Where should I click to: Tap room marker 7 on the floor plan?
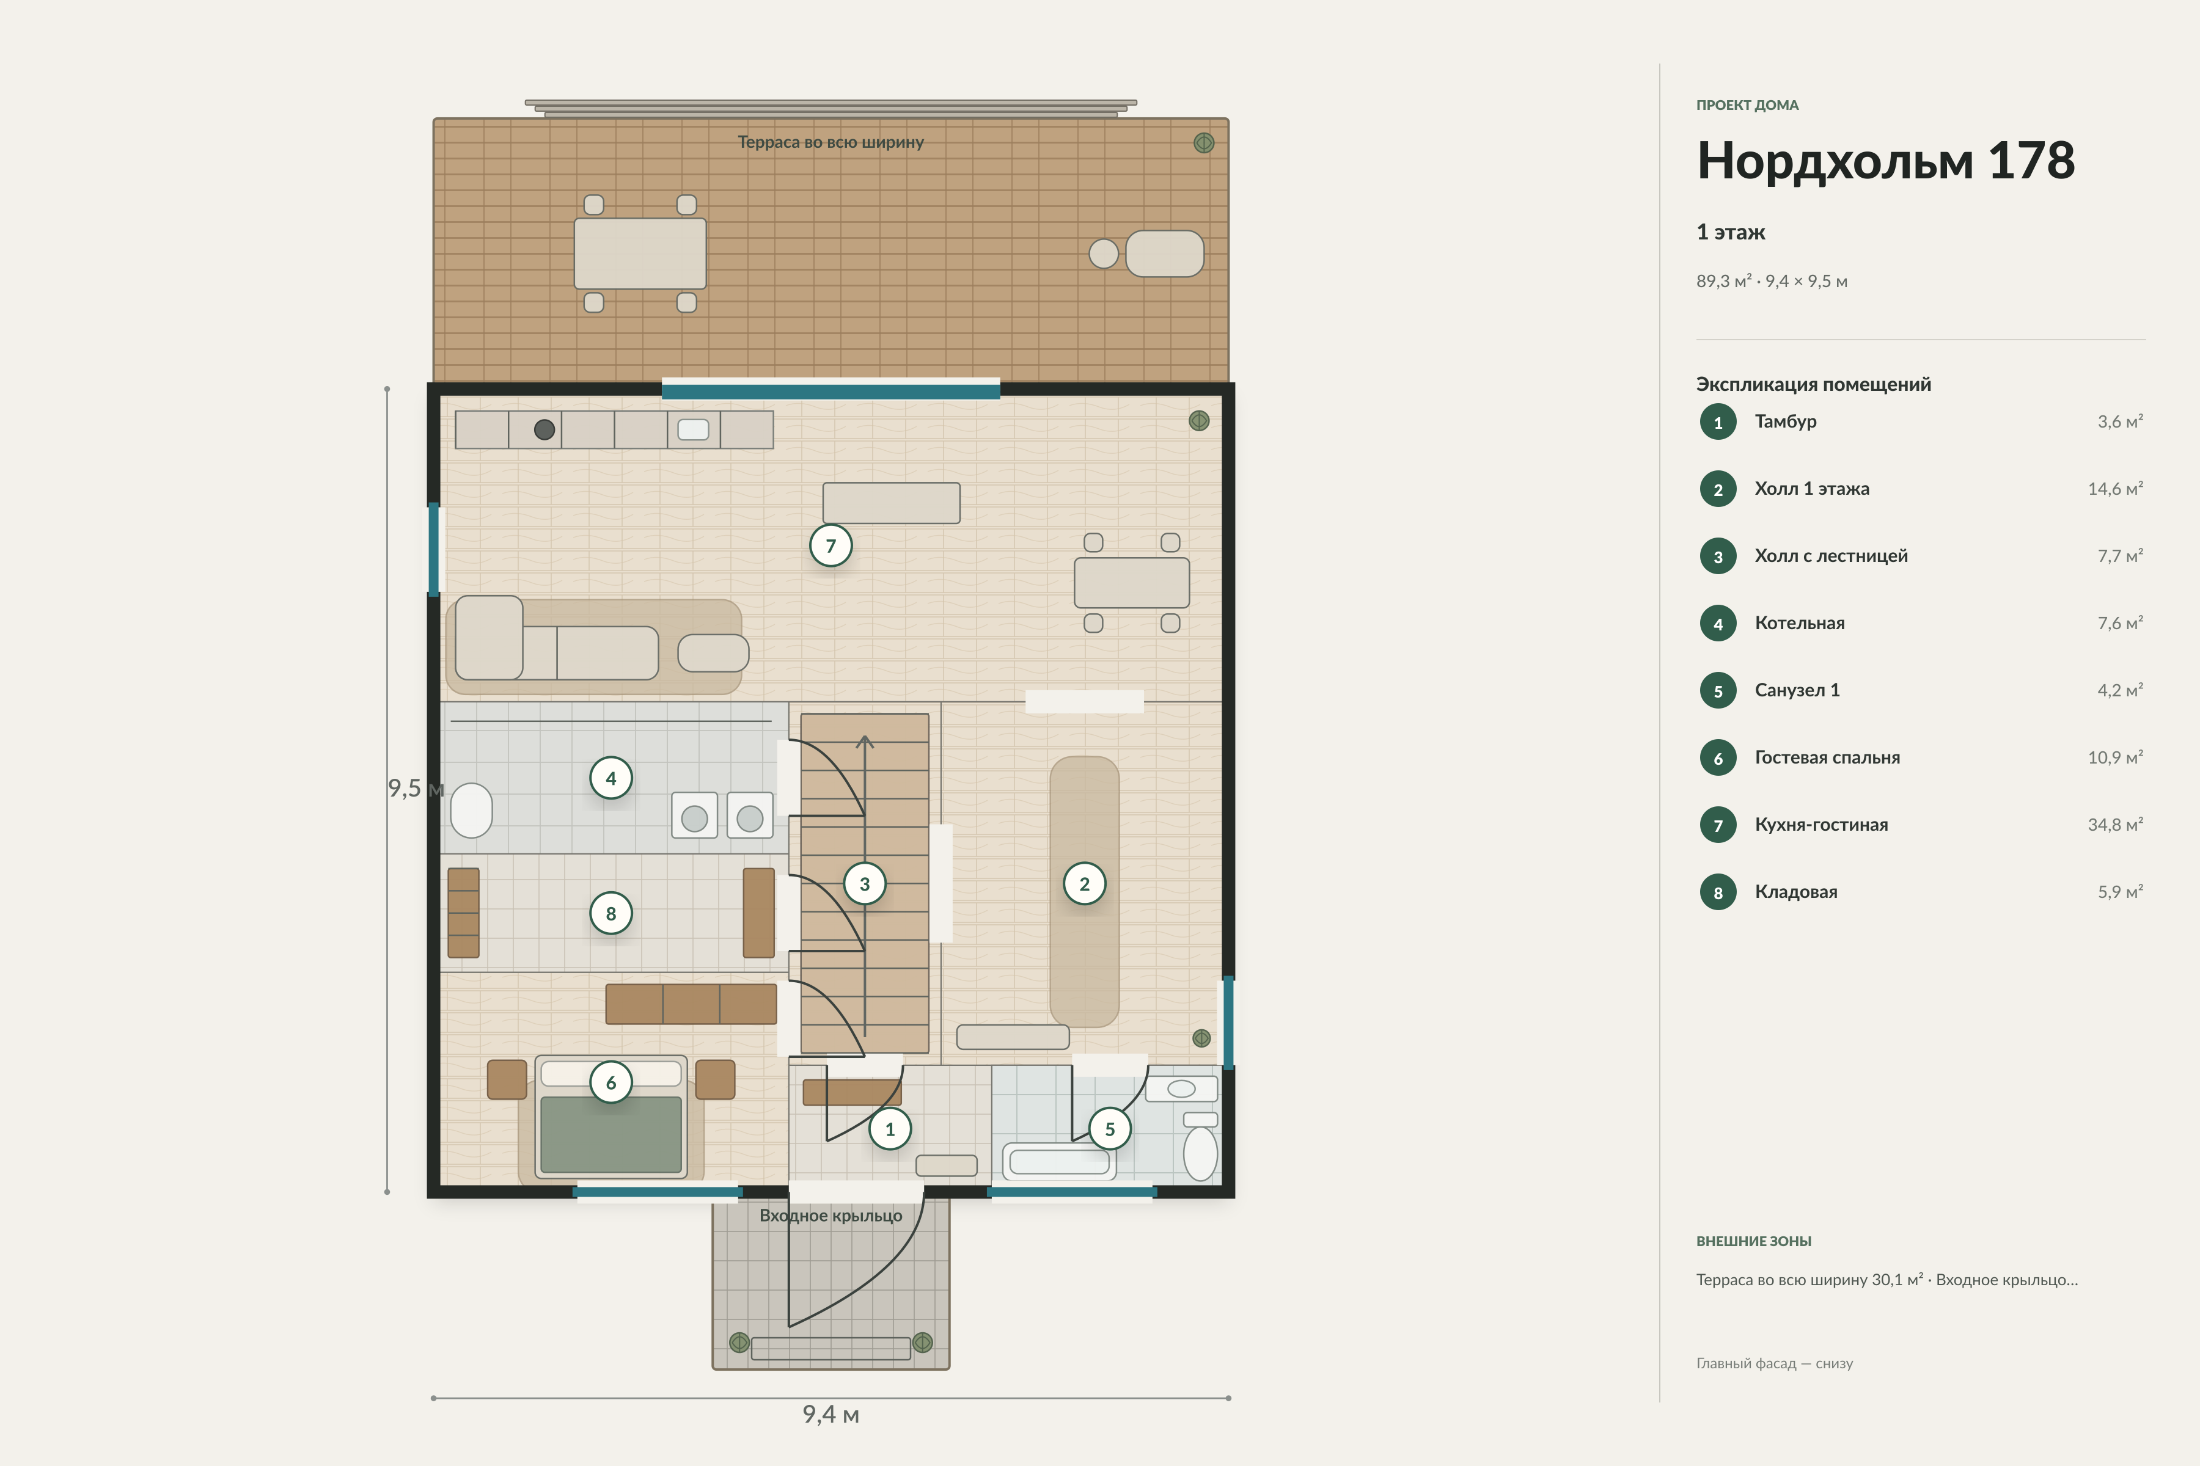[831, 546]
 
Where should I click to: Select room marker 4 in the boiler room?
[610, 778]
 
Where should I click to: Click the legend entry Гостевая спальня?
[1827, 757]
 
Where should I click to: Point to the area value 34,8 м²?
[2115, 825]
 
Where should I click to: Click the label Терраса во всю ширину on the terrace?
[831, 142]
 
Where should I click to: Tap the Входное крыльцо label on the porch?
[831, 1216]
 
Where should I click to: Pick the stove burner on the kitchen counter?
[544, 430]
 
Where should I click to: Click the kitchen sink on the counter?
[693, 430]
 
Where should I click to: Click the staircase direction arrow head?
[865, 742]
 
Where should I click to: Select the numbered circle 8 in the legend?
[1718, 892]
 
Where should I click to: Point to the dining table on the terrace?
[640, 253]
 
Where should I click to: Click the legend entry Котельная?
[1800, 622]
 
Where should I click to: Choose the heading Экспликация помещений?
[1814, 384]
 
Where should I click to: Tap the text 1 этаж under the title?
[1731, 232]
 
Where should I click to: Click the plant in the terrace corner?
[1204, 143]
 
